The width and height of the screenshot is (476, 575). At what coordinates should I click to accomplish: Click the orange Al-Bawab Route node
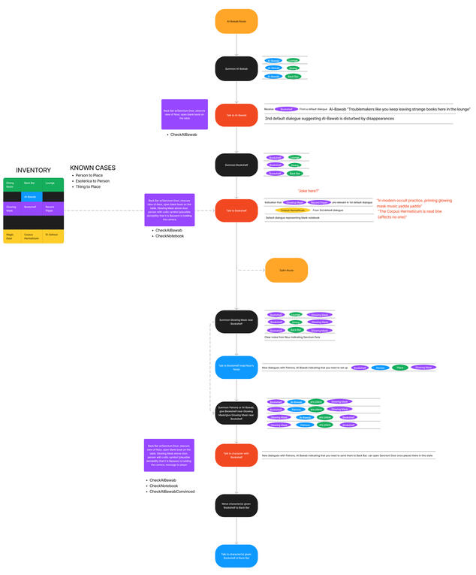236,21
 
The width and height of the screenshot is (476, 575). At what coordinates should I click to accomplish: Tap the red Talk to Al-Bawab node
236,115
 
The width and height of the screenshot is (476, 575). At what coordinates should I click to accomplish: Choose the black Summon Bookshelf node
236,165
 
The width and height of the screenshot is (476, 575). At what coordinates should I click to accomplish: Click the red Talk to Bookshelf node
236,210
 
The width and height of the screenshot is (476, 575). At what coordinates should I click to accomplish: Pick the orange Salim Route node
286,270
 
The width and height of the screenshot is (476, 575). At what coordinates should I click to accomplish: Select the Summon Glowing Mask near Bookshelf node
236,321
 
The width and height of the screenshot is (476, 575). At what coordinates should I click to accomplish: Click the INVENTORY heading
33,171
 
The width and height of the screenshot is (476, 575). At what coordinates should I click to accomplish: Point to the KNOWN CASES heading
93,168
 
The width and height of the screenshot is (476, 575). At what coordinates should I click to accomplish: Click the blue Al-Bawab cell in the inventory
32,197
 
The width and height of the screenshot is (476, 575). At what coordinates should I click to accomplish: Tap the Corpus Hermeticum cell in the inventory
32,236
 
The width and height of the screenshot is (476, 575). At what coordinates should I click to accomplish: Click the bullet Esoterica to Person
92,180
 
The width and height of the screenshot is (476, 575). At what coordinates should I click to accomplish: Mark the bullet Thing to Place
88,186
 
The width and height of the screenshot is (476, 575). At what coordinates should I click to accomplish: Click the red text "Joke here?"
308,191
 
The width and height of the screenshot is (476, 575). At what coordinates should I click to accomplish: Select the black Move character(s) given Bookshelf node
236,506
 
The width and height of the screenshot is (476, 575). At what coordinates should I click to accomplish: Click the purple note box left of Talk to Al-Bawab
179,114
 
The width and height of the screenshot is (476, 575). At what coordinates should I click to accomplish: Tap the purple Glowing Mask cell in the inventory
12,209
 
